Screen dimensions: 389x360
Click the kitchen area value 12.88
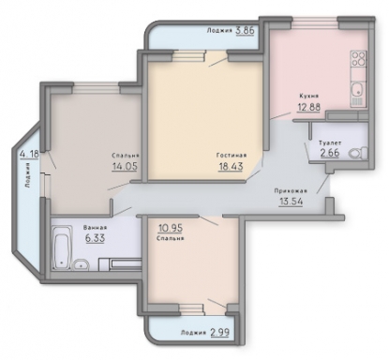point(308,107)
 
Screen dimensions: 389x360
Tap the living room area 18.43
point(231,166)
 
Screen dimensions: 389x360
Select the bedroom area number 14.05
point(125,166)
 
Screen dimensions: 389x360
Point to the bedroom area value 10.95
point(171,228)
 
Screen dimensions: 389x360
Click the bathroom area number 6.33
point(95,238)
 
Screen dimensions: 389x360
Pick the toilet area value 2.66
point(330,154)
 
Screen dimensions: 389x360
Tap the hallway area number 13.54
point(292,202)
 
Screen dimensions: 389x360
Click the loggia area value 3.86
point(246,31)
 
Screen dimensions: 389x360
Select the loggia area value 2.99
point(220,332)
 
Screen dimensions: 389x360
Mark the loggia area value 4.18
point(29,154)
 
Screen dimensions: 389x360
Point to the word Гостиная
point(232,155)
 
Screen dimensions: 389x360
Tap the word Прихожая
point(291,190)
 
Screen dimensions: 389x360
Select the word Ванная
point(95,228)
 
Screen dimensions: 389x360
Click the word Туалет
point(330,142)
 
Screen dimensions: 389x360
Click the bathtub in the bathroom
point(62,247)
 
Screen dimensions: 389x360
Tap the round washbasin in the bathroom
point(81,265)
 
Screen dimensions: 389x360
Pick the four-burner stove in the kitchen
point(358,58)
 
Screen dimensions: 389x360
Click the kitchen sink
point(358,89)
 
